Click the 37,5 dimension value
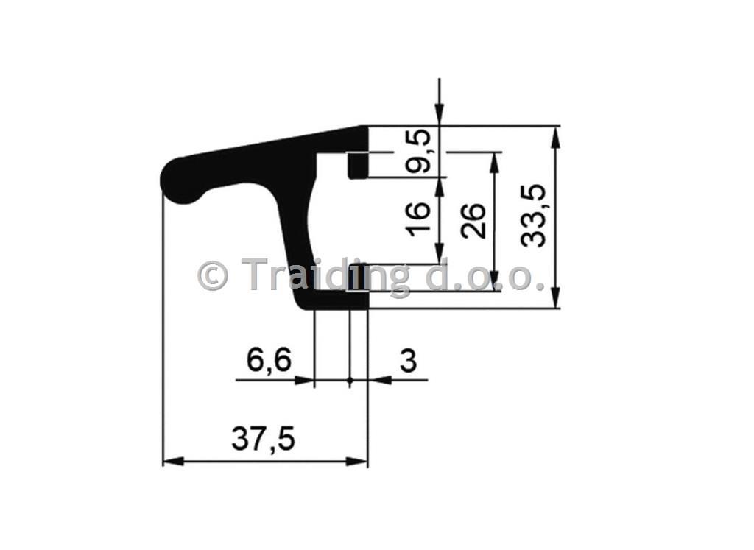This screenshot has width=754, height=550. tap(263, 439)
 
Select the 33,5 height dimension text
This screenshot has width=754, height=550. tap(534, 216)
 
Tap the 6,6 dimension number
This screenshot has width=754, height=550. tap(269, 359)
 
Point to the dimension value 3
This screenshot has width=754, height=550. tap(408, 361)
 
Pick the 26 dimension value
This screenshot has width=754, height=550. tap(473, 221)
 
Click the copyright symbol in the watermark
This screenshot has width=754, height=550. tap(212, 275)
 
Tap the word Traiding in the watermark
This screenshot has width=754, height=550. tap(325, 276)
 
